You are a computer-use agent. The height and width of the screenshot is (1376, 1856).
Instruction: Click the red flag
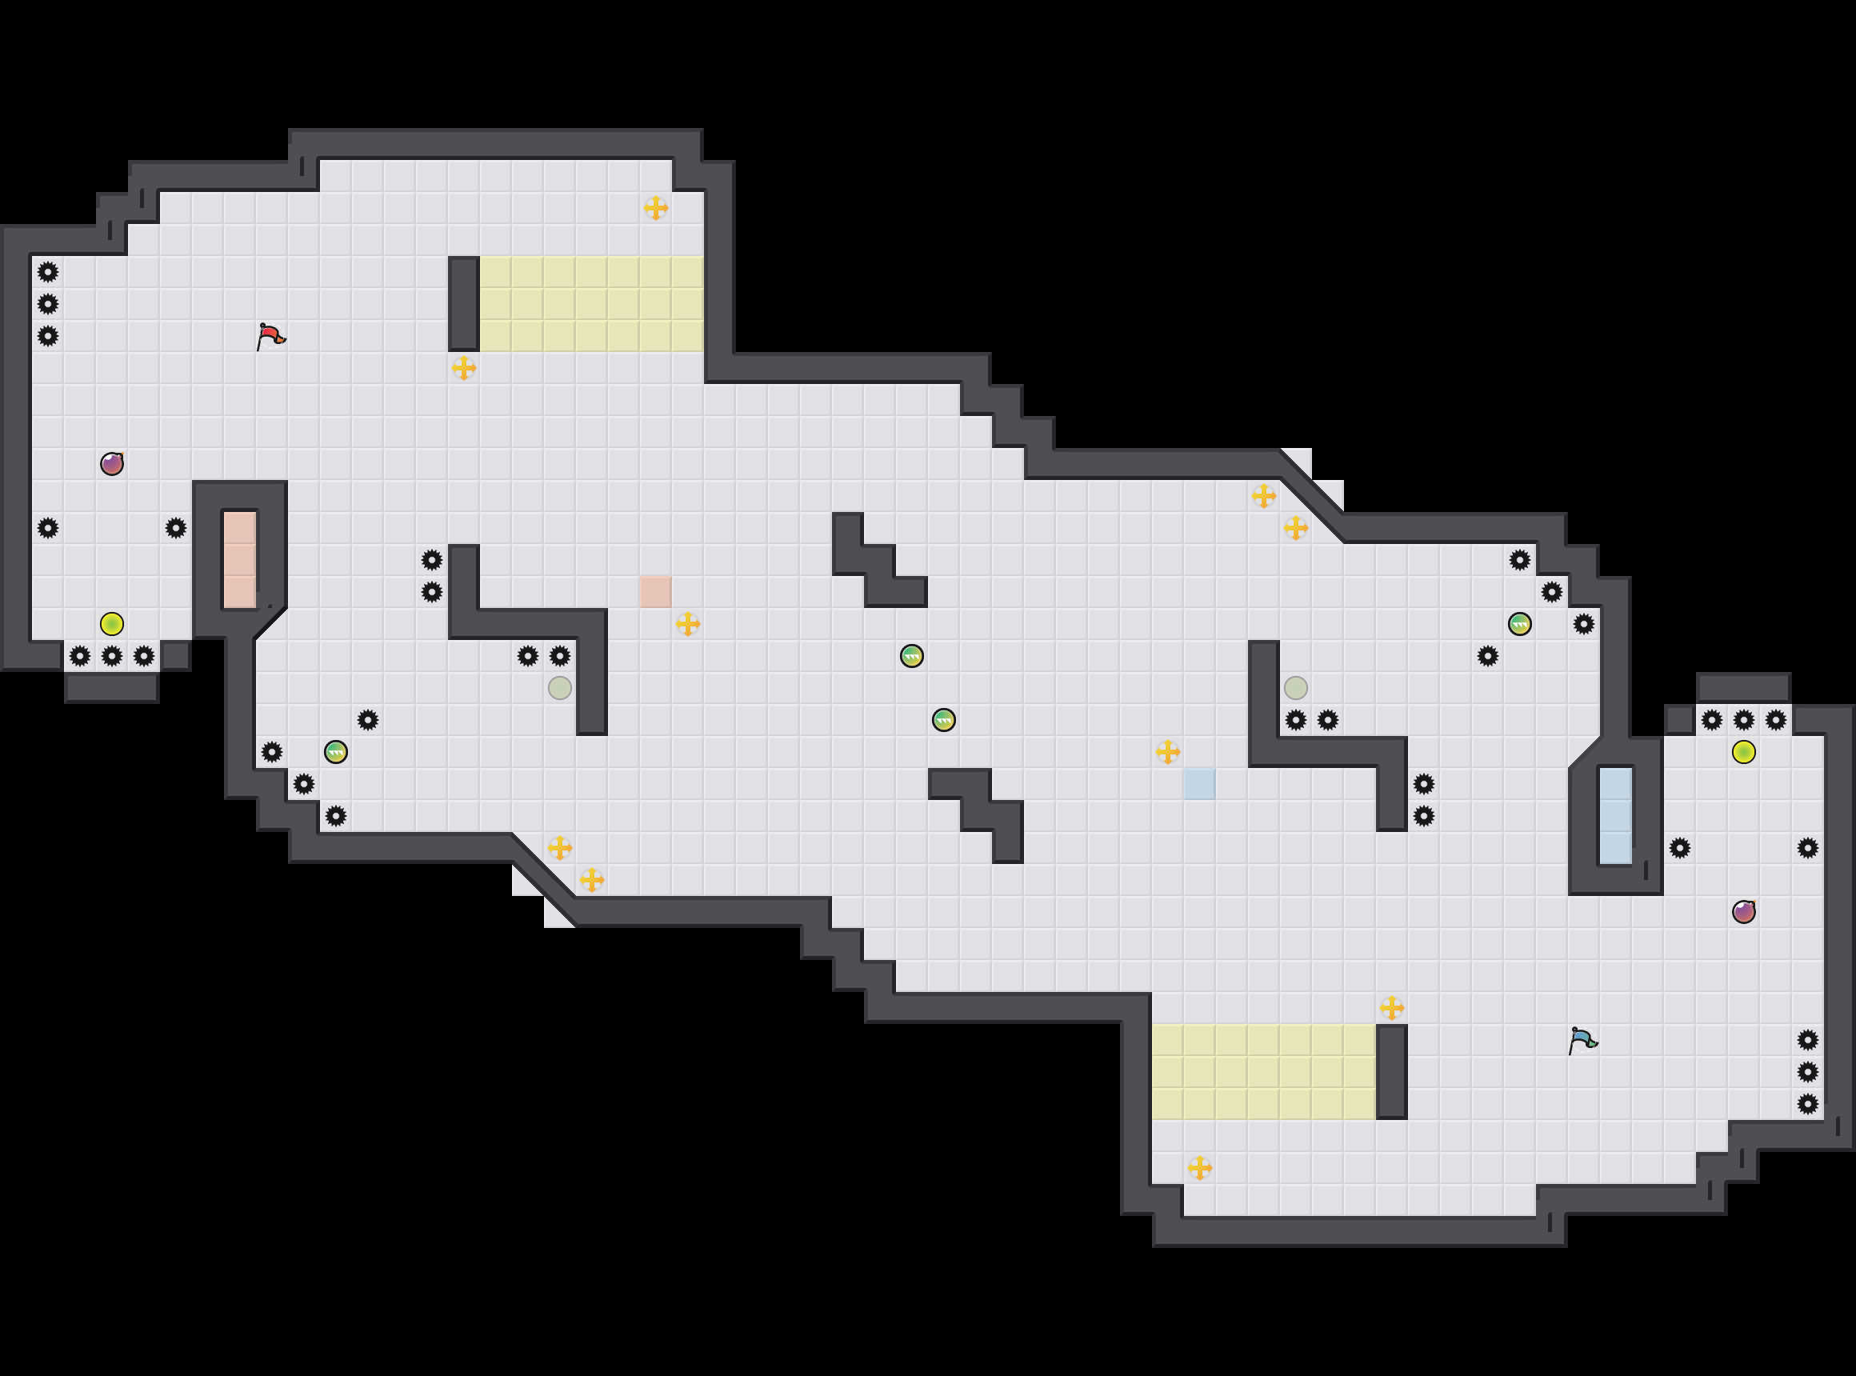pyautogui.click(x=270, y=337)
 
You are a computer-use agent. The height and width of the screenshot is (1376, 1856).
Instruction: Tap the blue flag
pyautogui.click(x=1582, y=1040)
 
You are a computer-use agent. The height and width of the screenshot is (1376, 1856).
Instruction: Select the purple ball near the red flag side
pyautogui.click(x=112, y=464)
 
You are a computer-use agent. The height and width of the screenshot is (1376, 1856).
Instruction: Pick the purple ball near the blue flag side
pyautogui.click(x=1743, y=912)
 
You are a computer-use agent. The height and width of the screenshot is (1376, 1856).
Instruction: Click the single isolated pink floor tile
pyautogui.click(x=655, y=591)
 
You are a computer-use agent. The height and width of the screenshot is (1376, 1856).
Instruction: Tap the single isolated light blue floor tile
pyautogui.click(x=1199, y=784)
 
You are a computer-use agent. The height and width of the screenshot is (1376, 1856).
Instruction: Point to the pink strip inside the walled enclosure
pyautogui.click(x=240, y=560)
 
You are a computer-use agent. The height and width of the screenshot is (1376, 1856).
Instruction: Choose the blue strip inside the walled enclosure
pyautogui.click(x=1615, y=816)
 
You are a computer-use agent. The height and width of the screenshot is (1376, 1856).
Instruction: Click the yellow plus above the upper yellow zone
pyautogui.click(x=655, y=208)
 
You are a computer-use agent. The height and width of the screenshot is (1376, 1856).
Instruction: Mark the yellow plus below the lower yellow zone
pyautogui.click(x=1199, y=1168)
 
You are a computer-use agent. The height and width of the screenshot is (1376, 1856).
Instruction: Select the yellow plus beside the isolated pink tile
pyautogui.click(x=687, y=624)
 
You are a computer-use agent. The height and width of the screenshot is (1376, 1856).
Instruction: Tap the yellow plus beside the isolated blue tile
pyautogui.click(x=1168, y=752)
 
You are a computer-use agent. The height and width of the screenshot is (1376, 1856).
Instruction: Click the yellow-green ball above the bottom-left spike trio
pyautogui.click(x=112, y=624)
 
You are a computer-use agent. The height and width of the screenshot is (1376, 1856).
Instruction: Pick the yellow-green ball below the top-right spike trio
pyautogui.click(x=1743, y=752)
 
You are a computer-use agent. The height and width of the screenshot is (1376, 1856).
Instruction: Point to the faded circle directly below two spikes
pyautogui.click(x=560, y=688)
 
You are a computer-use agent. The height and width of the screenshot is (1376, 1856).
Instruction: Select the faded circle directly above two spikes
pyautogui.click(x=1295, y=688)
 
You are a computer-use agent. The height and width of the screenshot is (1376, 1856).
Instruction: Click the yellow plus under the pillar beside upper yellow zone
pyautogui.click(x=464, y=367)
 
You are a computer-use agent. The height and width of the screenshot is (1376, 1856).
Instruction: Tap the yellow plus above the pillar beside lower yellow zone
pyautogui.click(x=1391, y=1009)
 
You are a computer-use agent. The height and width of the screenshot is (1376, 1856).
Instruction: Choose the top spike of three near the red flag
pyautogui.click(x=48, y=271)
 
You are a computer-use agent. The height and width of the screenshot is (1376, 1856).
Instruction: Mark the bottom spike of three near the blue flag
pyautogui.click(x=1808, y=1105)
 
